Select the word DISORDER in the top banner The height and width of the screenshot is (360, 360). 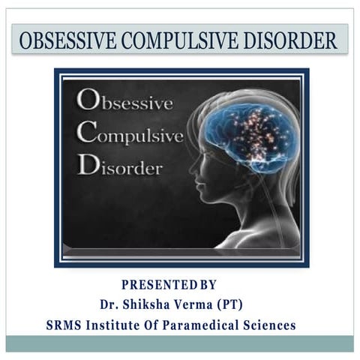point(289,40)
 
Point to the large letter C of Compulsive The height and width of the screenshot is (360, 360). point(87,136)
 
